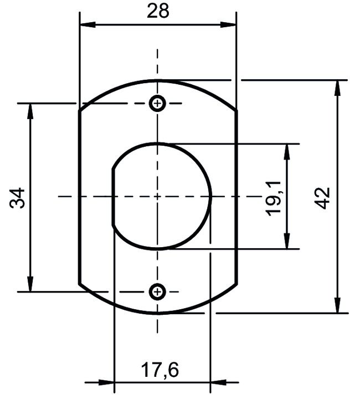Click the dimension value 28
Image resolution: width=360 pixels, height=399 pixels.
[x=158, y=11]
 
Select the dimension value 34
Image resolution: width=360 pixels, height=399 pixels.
[x=18, y=197]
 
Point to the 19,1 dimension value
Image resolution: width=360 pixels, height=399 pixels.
[x=274, y=197]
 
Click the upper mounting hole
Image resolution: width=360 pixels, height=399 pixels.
[x=158, y=103]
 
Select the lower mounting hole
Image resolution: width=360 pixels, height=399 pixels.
[x=158, y=291]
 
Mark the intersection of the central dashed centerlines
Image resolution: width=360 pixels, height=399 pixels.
[x=158, y=196]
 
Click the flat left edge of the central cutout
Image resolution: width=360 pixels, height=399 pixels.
[x=113, y=197]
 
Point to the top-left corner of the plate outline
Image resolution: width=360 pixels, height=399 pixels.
[x=80, y=111]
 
